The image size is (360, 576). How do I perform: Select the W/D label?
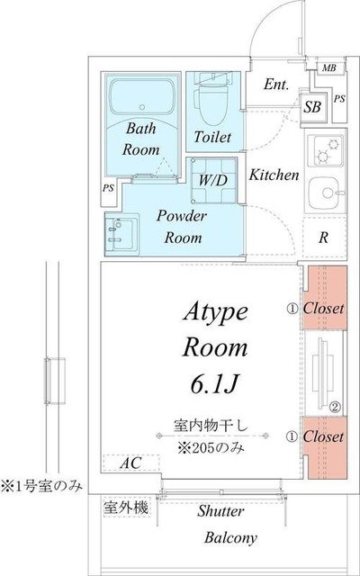click(213, 180)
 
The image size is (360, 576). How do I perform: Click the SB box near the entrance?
click(312, 107)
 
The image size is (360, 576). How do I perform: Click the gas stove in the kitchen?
click(323, 152)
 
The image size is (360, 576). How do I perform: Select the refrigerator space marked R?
click(322, 238)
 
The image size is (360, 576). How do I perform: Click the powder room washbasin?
click(120, 232)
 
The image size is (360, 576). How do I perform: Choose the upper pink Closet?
click(322, 308)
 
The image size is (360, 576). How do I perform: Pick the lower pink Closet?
click(322, 437)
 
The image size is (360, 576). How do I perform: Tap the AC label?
click(130, 463)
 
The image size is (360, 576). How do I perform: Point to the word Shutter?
click(220, 511)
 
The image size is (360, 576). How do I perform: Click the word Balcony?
click(230, 537)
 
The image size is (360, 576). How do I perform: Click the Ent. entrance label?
click(276, 85)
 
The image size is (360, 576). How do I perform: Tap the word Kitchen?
click(274, 175)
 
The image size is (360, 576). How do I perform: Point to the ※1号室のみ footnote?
click(41, 486)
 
